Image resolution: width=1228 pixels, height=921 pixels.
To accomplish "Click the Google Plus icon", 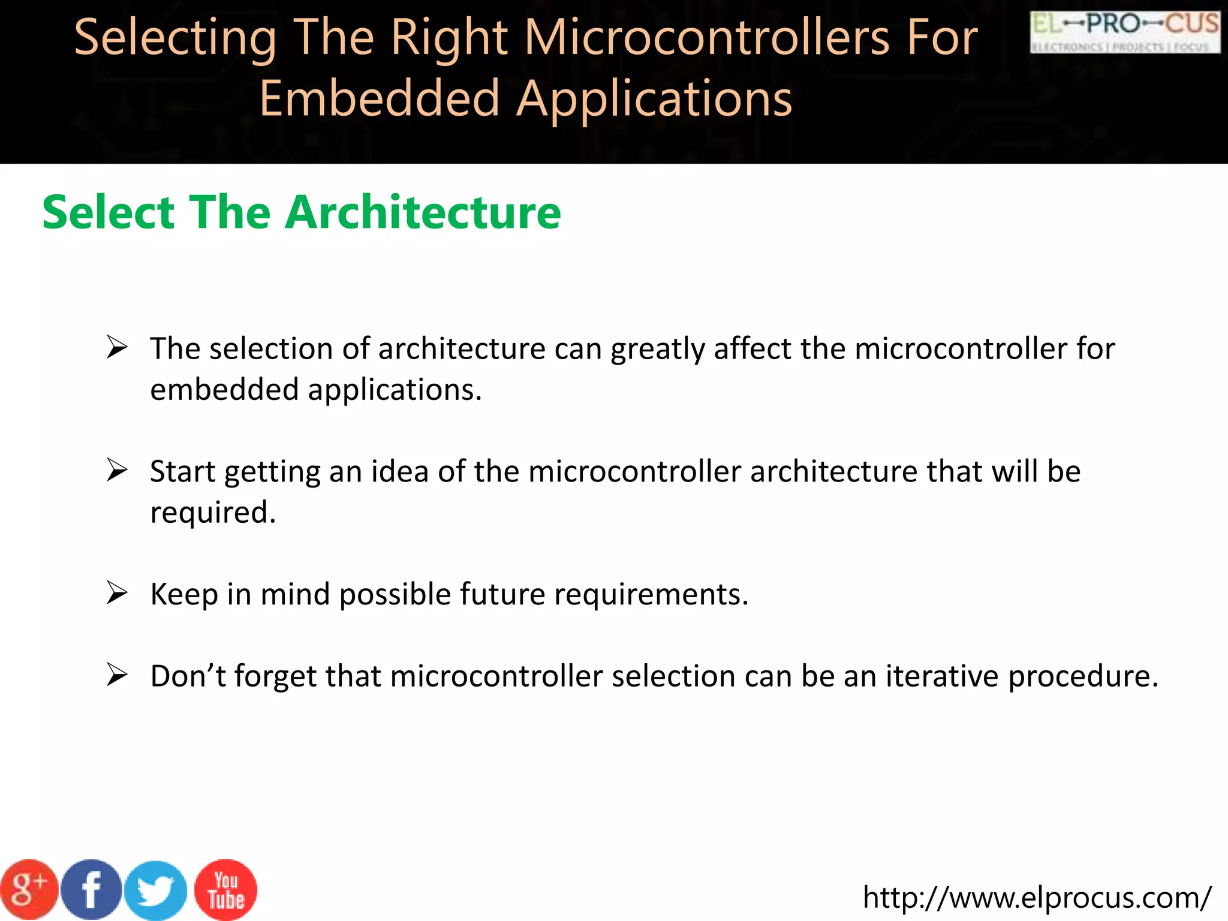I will point(29,890).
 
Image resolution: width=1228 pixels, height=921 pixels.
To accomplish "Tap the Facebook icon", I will point(91,890).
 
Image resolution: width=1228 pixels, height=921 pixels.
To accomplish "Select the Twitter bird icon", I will point(156,891).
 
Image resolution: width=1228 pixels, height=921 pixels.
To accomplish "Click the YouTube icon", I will point(225,890).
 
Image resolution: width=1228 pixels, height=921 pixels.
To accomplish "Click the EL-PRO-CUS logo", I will point(1125,32).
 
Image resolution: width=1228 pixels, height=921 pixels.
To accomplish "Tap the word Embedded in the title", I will point(379,99).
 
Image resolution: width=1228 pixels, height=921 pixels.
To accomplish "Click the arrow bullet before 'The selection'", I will point(117,348).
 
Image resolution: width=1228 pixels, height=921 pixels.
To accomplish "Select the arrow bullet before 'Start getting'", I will point(117,471).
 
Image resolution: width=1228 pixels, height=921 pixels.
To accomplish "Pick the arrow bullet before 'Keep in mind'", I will point(117,594).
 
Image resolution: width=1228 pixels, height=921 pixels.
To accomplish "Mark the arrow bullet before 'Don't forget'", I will point(117,675).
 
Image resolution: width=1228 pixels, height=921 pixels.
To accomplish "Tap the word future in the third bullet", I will point(502,595).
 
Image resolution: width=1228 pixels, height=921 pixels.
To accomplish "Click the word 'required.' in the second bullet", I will point(213,513).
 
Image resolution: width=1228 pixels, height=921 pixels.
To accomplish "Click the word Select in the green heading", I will point(108,212).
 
